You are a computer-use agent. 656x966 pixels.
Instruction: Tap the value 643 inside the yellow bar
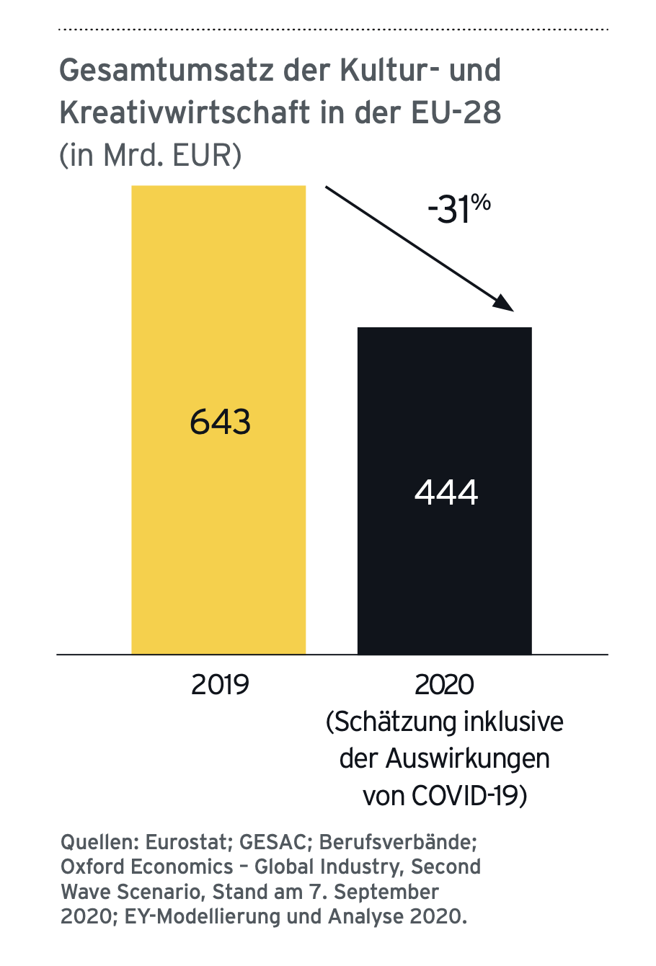point(220,422)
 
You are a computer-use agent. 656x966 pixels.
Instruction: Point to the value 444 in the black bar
point(446,492)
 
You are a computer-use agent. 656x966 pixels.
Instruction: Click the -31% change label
point(458,209)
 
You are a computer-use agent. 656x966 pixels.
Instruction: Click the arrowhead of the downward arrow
point(505,305)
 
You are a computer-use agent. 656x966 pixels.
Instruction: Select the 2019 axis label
point(220,684)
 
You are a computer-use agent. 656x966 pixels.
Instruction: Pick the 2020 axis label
point(445,684)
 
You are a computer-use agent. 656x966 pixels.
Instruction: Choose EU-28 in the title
point(456,113)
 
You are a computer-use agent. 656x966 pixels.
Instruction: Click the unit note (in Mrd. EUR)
point(150,155)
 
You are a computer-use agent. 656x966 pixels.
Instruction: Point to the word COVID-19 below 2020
point(469,797)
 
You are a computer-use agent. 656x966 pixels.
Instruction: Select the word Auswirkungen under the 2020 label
point(467,759)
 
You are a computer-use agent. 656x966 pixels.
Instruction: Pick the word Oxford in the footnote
point(91,867)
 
